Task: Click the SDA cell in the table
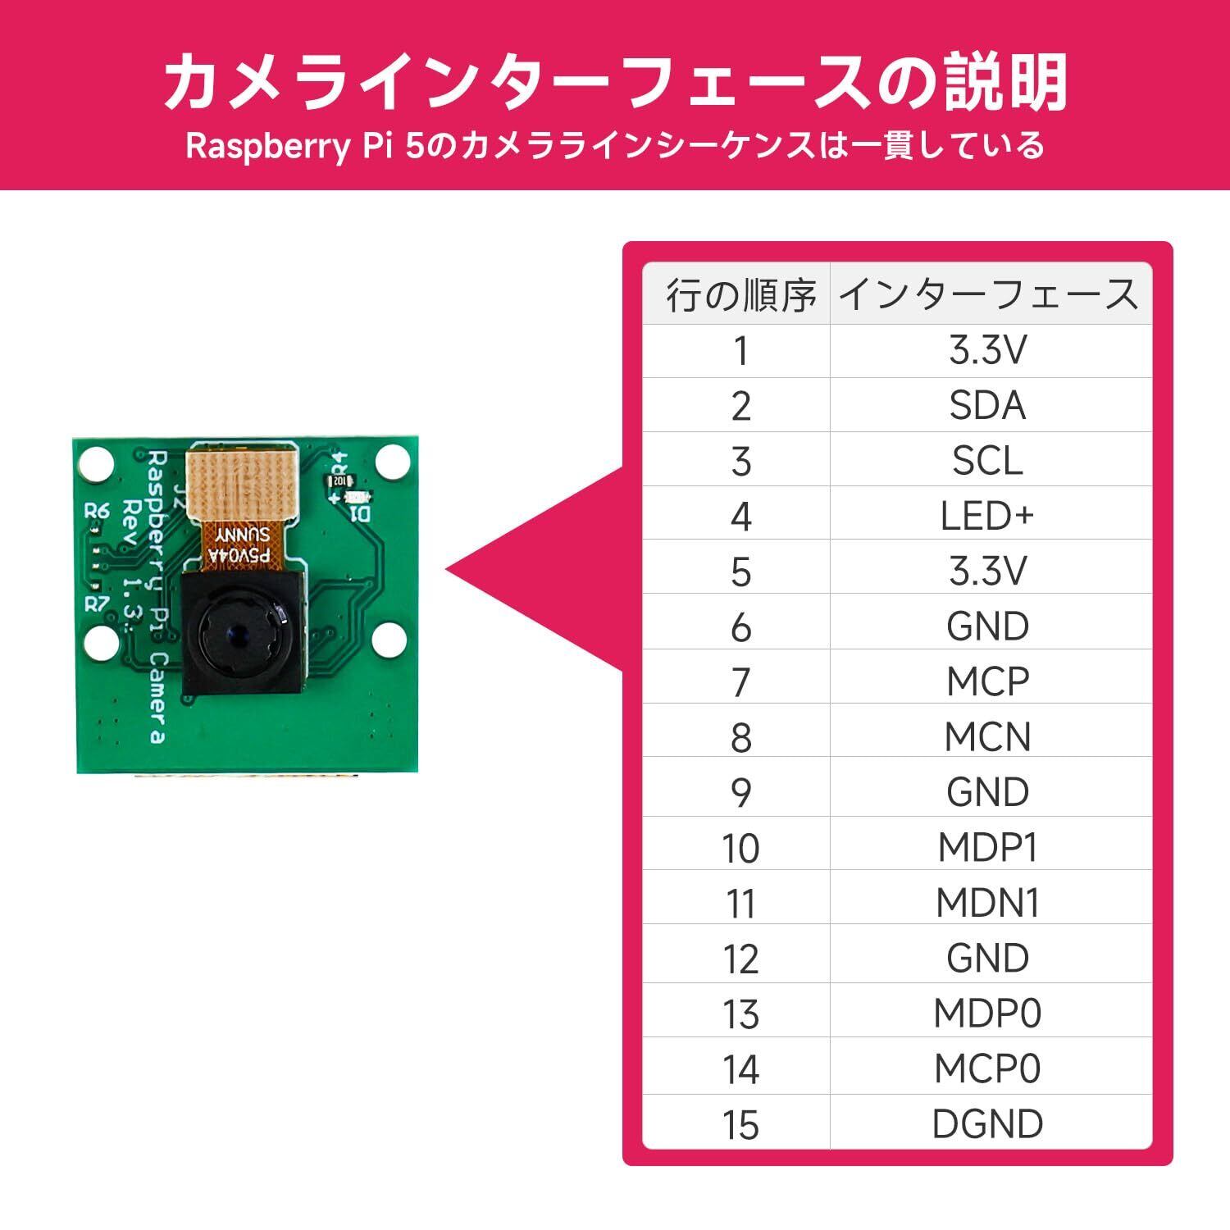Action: [x=987, y=406]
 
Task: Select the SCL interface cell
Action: [x=987, y=461]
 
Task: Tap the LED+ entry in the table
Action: [x=987, y=516]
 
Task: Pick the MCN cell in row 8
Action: [x=987, y=736]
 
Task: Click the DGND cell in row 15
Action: [x=987, y=1123]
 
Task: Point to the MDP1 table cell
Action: [x=987, y=847]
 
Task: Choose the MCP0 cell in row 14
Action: [x=987, y=1068]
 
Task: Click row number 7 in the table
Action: [x=740, y=681]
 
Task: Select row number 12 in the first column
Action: [x=740, y=958]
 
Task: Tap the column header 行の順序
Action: [x=740, y=295]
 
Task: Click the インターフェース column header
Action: [x=989, y=295]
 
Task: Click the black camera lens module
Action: [x=244, y=631]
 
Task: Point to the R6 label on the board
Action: [x=97, y=511]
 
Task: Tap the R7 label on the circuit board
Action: [x=98, y=604]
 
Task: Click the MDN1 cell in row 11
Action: [x=987, y=903]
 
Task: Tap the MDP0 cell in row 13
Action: [x=987, y=1014]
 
